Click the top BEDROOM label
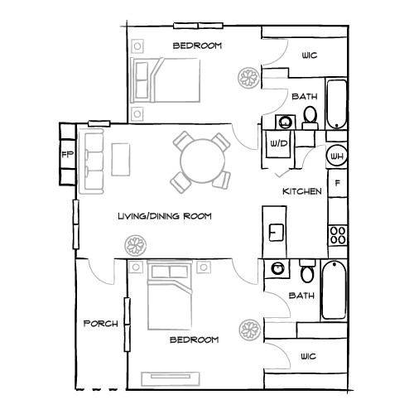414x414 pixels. (198, 46)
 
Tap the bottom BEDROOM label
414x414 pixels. (194, 340)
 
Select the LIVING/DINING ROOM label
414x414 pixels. (165, 216)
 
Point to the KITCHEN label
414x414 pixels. (301, 191)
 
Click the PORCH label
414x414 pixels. (101, 323)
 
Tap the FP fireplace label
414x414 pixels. (65, 154)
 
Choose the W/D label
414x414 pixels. (278, 143)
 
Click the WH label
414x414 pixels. (336, 156)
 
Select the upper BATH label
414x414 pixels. (304, 97)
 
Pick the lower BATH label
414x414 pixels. (301, 296)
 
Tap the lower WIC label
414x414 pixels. (308, 356)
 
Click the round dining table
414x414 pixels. (200, 159)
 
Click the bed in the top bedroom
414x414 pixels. (166, 81)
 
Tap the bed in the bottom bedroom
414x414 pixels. (170, 296)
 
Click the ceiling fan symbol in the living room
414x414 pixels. (134, 245)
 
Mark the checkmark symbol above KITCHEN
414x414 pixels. (282, 174)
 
